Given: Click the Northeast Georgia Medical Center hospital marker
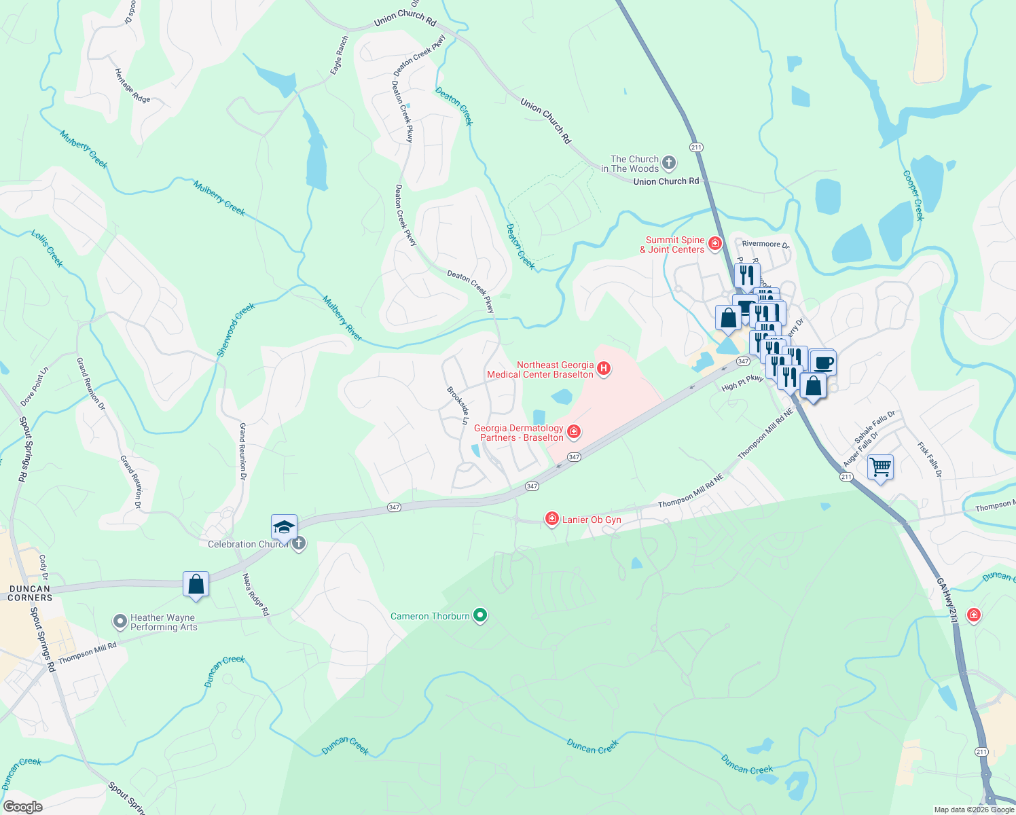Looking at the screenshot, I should click(603, 369).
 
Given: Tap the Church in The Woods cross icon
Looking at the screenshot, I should click(669, 162).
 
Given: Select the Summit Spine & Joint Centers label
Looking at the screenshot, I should click(675, 244).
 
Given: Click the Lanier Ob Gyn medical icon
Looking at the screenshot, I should click(552, 520).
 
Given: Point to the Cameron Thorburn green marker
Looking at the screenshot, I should click(481, 616).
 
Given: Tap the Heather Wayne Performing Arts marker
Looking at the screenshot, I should click(120, 621).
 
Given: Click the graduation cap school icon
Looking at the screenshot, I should click(284, 528).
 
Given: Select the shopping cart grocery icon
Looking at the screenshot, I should click(880, 467).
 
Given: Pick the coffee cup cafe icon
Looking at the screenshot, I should click(823, 363).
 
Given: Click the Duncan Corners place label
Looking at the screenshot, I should click(30, 594).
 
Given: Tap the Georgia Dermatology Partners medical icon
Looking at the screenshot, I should click(574, 432).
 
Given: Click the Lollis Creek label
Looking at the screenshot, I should click(47, 248).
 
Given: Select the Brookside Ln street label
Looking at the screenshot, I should click(458, 406).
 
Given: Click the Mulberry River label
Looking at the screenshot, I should click(342, 318).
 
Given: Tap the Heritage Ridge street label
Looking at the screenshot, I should click(132, 86).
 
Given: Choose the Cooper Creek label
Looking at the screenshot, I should click(913, 195).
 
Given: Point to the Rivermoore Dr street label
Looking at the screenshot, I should click(765, 244).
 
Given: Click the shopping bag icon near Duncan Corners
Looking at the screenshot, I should click(196, 585).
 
